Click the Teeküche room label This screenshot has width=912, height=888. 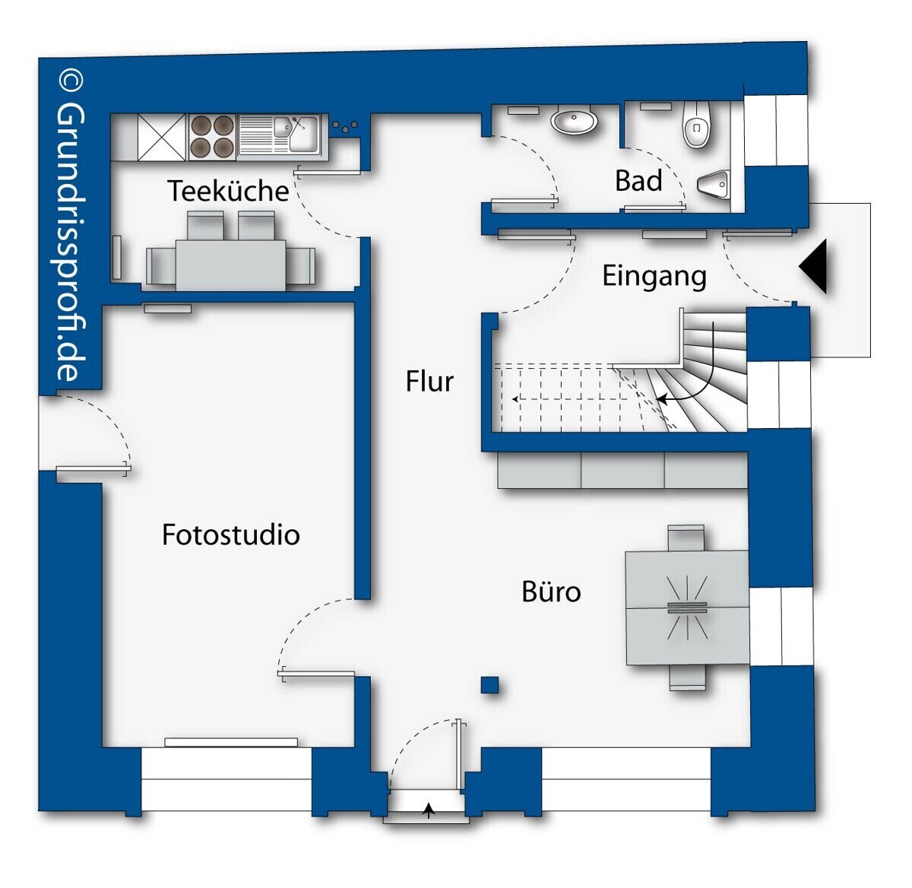228,191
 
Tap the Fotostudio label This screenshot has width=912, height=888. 230,534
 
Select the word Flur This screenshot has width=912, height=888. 429,381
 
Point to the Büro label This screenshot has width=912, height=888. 551,591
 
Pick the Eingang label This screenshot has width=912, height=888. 654,277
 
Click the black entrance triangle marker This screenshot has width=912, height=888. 813,267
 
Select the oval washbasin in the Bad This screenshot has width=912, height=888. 575,121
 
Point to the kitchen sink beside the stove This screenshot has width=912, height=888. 280,135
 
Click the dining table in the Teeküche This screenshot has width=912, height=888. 230,265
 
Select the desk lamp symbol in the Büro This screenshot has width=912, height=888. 687,607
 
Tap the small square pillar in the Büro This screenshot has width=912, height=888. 489,686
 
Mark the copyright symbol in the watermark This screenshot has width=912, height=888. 71,81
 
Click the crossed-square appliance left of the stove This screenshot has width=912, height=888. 162,138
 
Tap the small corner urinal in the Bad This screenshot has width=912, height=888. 714,183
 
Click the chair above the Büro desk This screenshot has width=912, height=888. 686,538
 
